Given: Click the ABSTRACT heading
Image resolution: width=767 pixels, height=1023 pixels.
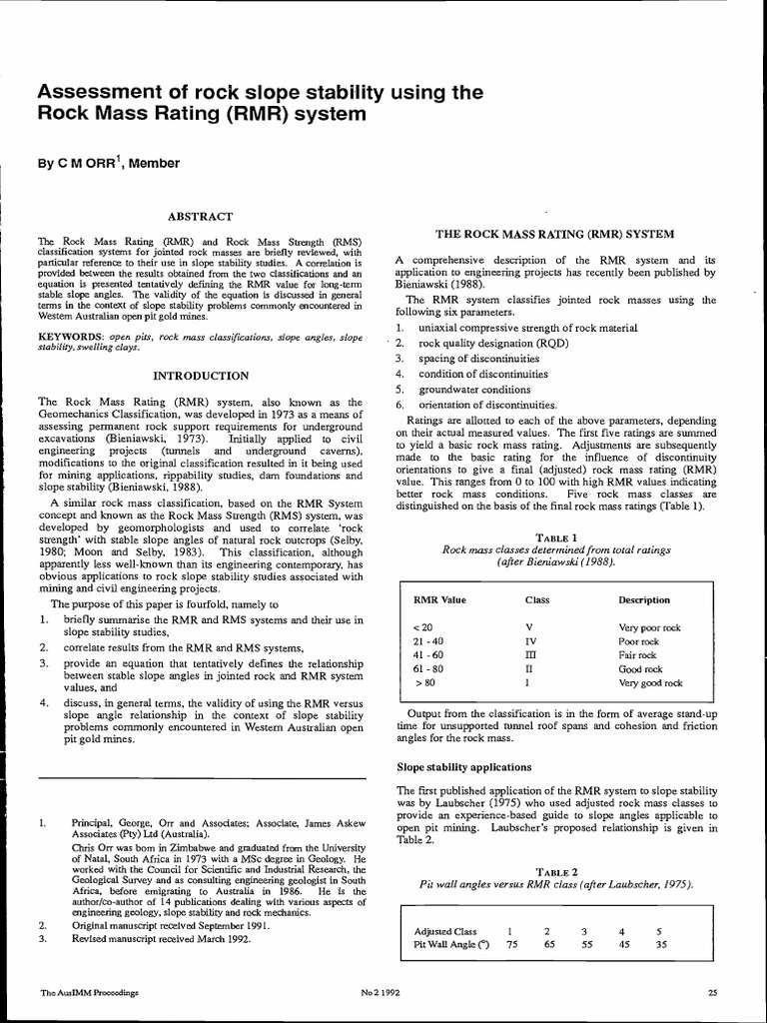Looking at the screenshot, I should click(x=200, y=216).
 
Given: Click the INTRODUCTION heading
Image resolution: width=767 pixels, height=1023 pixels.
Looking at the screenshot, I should click(x=200, y=376).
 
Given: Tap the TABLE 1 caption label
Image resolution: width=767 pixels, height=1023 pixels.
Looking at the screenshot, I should click(x=556, y=536).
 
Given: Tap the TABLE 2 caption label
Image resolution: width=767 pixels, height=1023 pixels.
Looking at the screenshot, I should click(x=556, y=872).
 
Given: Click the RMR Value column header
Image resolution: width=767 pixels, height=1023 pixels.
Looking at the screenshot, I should click(x=439, y=600).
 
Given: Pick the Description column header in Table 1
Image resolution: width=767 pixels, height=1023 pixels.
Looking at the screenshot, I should click(x=644, y=600).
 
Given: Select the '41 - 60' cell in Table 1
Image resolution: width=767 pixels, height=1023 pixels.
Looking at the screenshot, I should click(x=428, y=655).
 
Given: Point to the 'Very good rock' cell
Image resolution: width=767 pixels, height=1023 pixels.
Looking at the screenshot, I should click(x=650, y=683).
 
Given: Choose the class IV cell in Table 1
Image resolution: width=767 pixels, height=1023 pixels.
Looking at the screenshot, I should click(x=530, y=641).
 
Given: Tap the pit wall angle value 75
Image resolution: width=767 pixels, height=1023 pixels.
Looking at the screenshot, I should click(x=512, y=944).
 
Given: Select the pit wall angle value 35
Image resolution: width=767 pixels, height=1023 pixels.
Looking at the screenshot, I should click(x=659, y=944).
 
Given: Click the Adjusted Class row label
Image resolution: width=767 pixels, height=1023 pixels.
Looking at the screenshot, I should click(x=444, y=931).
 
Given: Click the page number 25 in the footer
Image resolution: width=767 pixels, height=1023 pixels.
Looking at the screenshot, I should click(x=712, y=992).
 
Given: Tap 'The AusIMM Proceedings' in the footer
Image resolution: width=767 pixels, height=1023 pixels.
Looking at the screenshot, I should click(x=87, y=992).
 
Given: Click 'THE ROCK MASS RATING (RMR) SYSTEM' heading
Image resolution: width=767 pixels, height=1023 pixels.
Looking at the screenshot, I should click(x=554, y=235).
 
